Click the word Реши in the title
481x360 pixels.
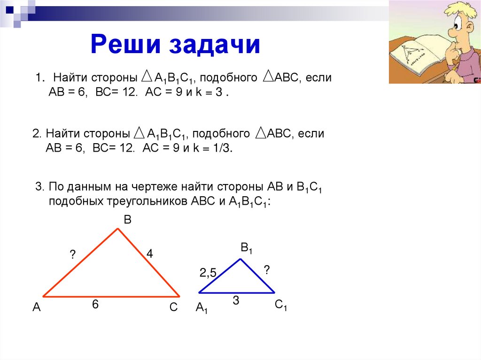[125, 45]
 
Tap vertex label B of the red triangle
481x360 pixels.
[127, 219]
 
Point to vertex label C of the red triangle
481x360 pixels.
[173, 307]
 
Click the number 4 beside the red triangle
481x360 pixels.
[149, 254]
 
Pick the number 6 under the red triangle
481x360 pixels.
[95, 305]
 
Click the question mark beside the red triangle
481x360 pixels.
[72, 254]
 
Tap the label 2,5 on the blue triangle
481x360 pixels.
[207, 273]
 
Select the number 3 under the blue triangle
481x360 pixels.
[236, 301]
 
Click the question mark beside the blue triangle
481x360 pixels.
[266, 269]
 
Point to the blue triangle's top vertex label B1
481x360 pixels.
[246, 248]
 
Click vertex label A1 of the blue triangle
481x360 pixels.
[202, 308]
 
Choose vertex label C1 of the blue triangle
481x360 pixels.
[281, 306]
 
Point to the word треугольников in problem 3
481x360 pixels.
[143, 201]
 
